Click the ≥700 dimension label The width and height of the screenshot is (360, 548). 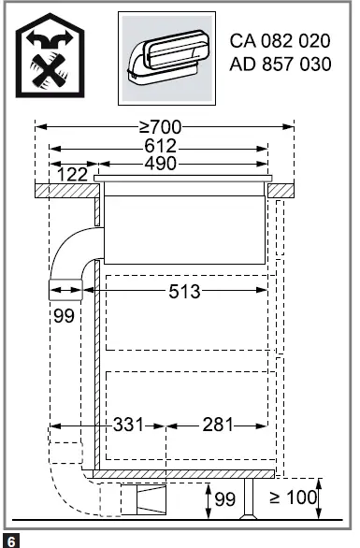tap(161, 127)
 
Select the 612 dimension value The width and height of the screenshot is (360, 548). tap(161, 146)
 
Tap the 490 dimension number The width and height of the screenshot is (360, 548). tap(161, 164)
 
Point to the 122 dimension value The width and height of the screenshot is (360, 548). tap(72, 174)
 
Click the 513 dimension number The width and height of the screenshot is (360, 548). tap(184, 291)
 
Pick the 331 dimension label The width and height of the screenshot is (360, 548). tap(128, 425)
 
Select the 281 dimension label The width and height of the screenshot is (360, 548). tap(218, 425)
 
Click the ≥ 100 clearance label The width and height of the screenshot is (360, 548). tap(294, 497)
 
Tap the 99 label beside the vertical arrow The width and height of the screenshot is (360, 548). tap(225, 499)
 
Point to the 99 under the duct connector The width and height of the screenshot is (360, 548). tap(64, 316)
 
